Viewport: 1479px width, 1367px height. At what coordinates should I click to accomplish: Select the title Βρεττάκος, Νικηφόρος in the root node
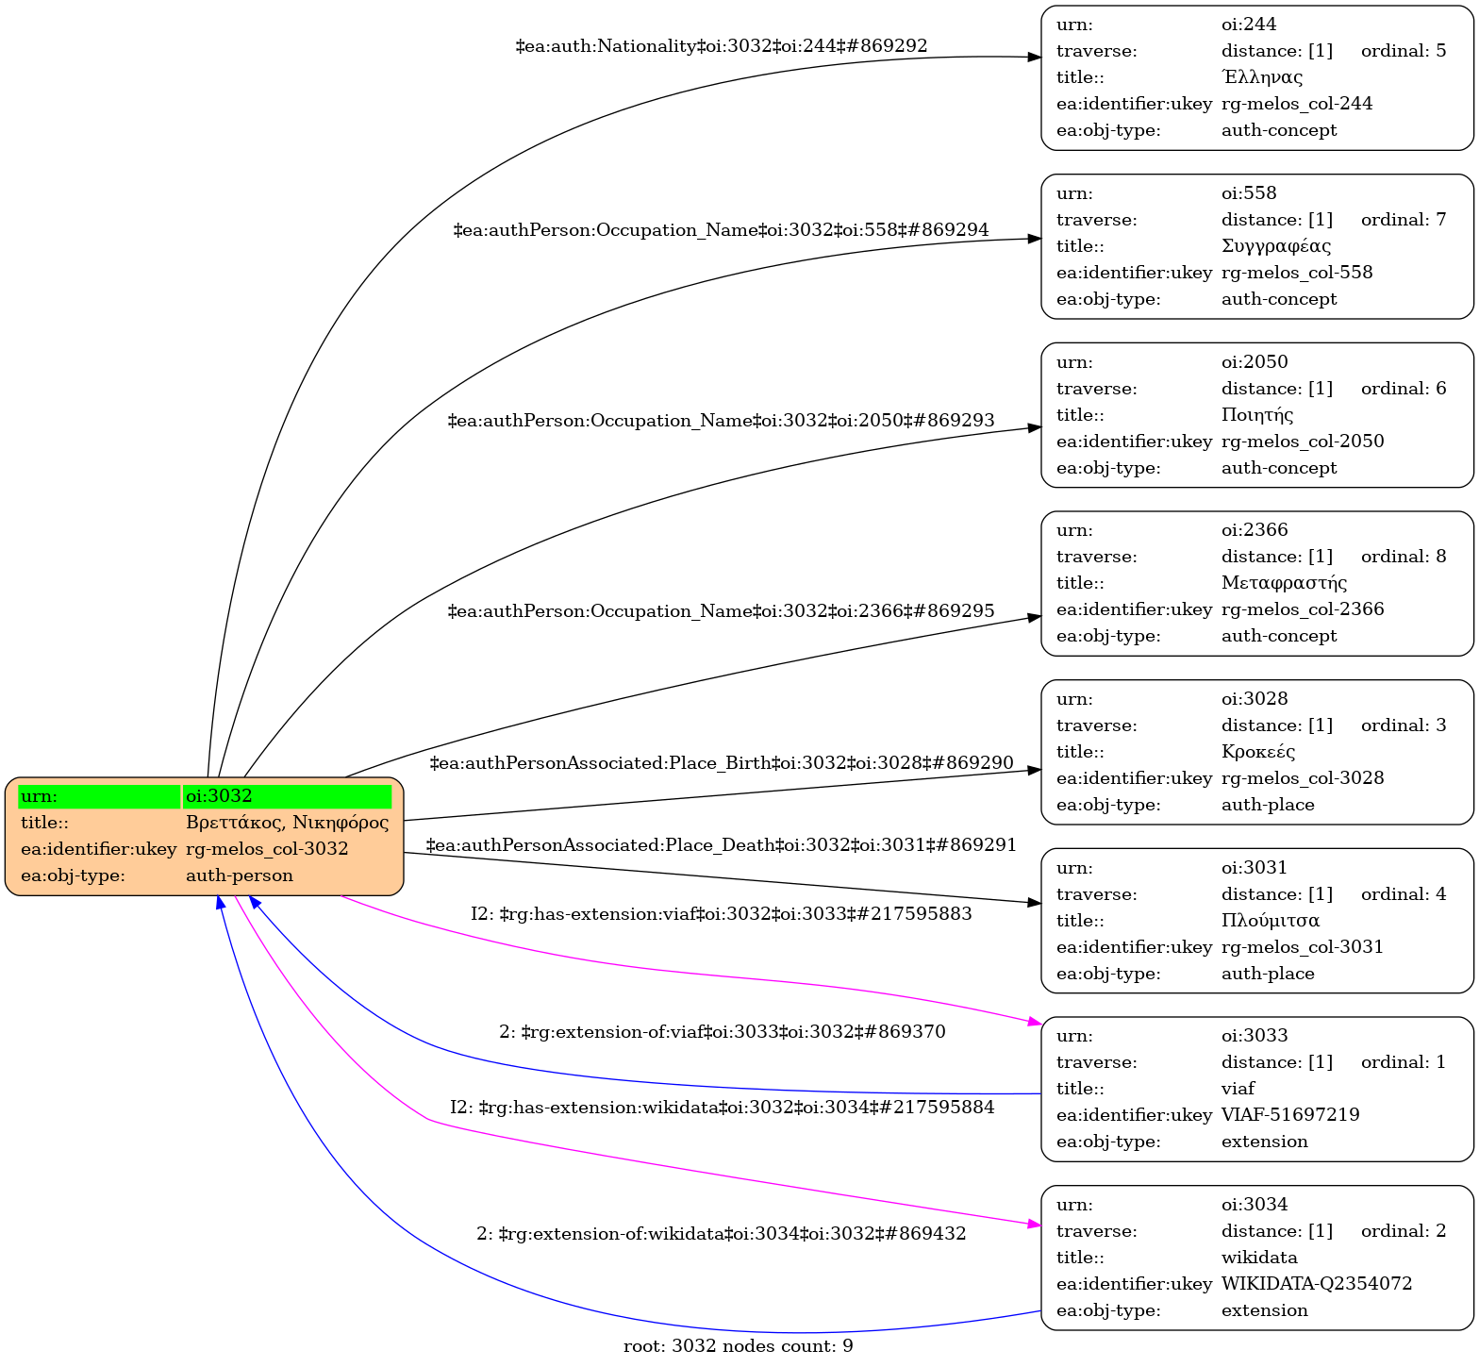tap(287, 823)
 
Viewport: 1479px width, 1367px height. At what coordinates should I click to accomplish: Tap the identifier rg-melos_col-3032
tap(267, 849)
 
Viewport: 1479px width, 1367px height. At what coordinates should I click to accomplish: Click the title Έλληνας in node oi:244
tap(1262, 77)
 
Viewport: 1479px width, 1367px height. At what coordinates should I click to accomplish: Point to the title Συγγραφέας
tap(1275, 246)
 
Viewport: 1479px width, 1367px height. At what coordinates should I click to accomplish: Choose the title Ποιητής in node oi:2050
tap(1257, 415)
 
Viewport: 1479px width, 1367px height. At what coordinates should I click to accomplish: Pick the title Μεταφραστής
tap(1284, 583)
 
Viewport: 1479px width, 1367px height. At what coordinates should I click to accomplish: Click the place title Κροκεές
tap(1258, 752)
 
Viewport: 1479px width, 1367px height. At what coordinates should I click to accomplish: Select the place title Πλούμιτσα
tap(1270, 921)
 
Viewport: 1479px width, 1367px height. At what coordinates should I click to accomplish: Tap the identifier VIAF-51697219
tap(1290, 1115)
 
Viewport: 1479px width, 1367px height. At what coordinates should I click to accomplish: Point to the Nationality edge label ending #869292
tap(722, 45)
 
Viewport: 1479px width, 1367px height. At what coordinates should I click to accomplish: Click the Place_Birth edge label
tap(722, 762)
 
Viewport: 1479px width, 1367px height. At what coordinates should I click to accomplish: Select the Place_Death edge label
tap(722, 845)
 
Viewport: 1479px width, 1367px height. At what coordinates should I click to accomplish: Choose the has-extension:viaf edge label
tap(722, 914)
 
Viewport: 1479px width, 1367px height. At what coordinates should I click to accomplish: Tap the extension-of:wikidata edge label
tap(722, 1234)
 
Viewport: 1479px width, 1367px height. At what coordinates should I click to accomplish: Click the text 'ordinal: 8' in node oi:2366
tap(1404, 557)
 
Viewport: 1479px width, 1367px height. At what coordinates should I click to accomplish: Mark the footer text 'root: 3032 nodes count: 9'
tap(739, 1346)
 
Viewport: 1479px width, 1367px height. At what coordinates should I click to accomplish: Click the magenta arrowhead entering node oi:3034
tap(1034, 1225)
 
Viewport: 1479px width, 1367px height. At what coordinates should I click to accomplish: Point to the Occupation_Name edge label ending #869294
tap(722, 230)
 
